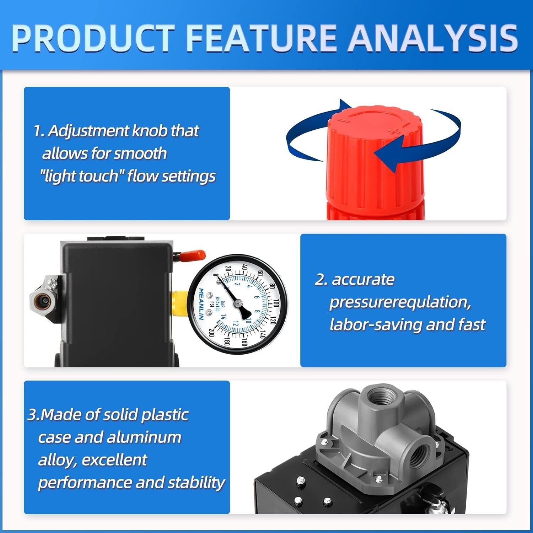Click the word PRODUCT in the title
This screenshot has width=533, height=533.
point(93,38)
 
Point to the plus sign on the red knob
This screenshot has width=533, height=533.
point(394,132)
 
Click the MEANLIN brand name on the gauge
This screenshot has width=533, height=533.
point(201,304)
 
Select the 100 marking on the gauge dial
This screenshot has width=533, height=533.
point(276,303)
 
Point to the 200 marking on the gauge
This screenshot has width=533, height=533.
point(212,333)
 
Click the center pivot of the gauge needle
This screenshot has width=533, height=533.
point(238,303)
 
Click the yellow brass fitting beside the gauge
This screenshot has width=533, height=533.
point(179,303)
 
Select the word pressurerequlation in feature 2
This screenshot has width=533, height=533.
point(400,302)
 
